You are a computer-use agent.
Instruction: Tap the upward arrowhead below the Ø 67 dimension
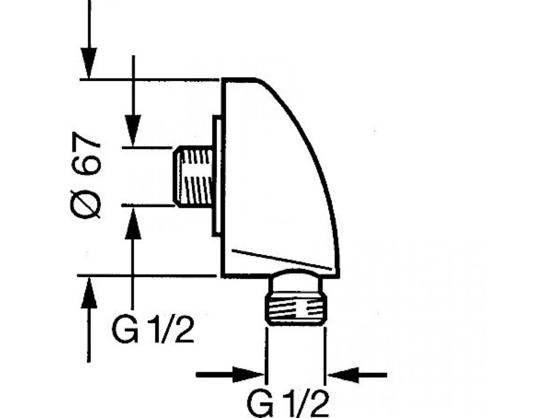pyautogui.click(x=89, y=294)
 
